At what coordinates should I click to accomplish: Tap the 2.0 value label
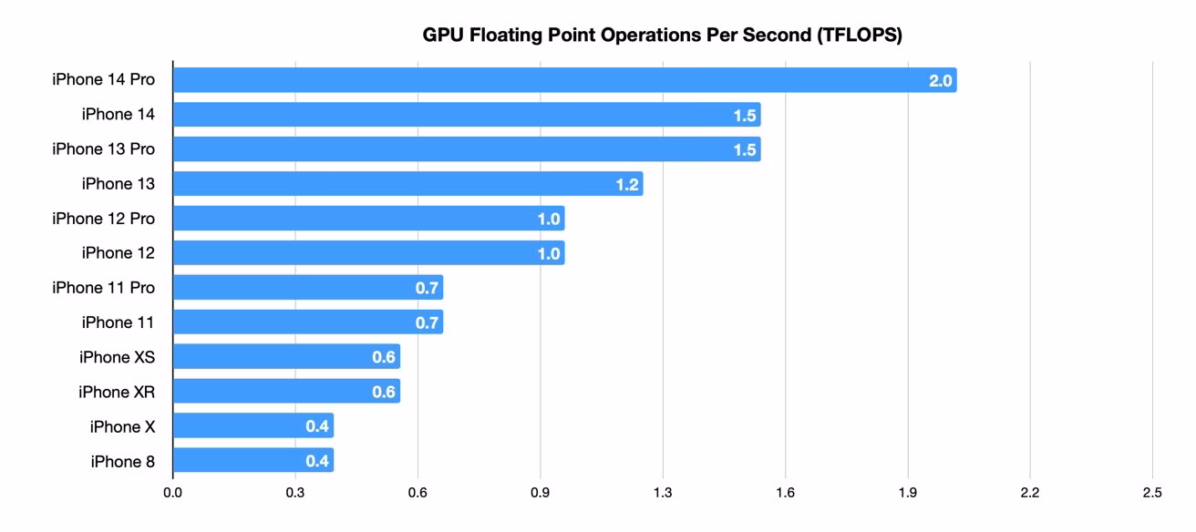pyautogui.click(x=940, y=81)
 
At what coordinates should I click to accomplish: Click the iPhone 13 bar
pyautogui.click(x=407, y=184)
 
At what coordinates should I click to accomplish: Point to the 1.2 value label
pyautogui.click(x=627, y=185)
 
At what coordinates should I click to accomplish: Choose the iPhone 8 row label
pyautogui.click(x=122, y=461)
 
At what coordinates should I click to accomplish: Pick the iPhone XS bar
pyautogui.click(x=286, y=357)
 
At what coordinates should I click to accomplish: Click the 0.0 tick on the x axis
pyautogui.click(x=172, y=493)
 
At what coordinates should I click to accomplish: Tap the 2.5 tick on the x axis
pyautogui.click(x=1151, y=493)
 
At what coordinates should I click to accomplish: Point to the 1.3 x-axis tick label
pyautogui.click(x=663, y=493)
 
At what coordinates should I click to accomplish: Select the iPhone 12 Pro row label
pyautogui.click(x=103, y=219)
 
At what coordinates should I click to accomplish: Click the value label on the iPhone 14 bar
pyautogui.click(x=745, y=116)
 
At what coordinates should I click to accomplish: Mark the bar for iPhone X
pyautogui.click(x=253, y=426)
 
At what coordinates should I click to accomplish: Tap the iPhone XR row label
pyautogui.click(x=117, y=392)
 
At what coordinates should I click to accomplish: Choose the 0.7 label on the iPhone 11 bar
pyautogui.click(x=428, y=322)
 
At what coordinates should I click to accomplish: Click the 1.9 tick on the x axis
pyautogui.click(x=907, y=493)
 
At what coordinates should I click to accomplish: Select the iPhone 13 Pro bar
pyautogui.click(x=466, y=149)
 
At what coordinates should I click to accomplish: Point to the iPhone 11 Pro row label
pyautogui.click(x=103, y=288)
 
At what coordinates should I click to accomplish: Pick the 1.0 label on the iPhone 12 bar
pyautogui.click(x=549, y=254)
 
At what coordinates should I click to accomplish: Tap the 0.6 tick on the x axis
pyautogui.click(x=418, y=493)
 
